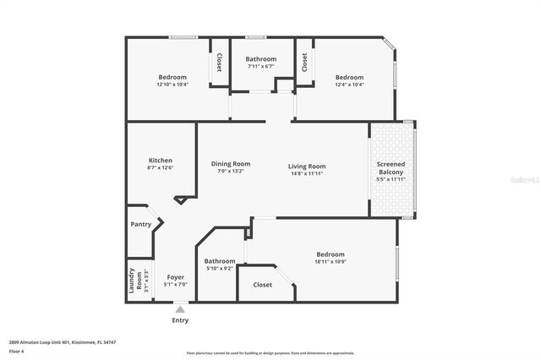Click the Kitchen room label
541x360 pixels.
click(161, 161)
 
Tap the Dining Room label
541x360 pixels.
click(231, 164)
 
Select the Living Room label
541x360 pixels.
click(307, 166)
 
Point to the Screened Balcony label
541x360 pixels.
click(391, 166)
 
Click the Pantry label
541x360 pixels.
click(140, 224)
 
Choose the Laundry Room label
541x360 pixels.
click(131, 279)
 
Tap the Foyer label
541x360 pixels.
click(175, 277)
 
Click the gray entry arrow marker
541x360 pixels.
click(180, 309)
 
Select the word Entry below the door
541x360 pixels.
click(180, 320)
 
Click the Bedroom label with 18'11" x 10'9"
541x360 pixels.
click(330, 254)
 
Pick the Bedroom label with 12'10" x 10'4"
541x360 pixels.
click(172, 77)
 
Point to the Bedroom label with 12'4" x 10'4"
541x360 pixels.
click(348, 77)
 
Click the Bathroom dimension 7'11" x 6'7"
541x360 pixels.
click(262, 66)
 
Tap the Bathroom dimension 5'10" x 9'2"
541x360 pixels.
click(219, 269)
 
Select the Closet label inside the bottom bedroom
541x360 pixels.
click(263, 285)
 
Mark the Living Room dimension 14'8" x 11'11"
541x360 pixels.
click(307, 173)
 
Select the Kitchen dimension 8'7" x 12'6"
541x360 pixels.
click(161, 168)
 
